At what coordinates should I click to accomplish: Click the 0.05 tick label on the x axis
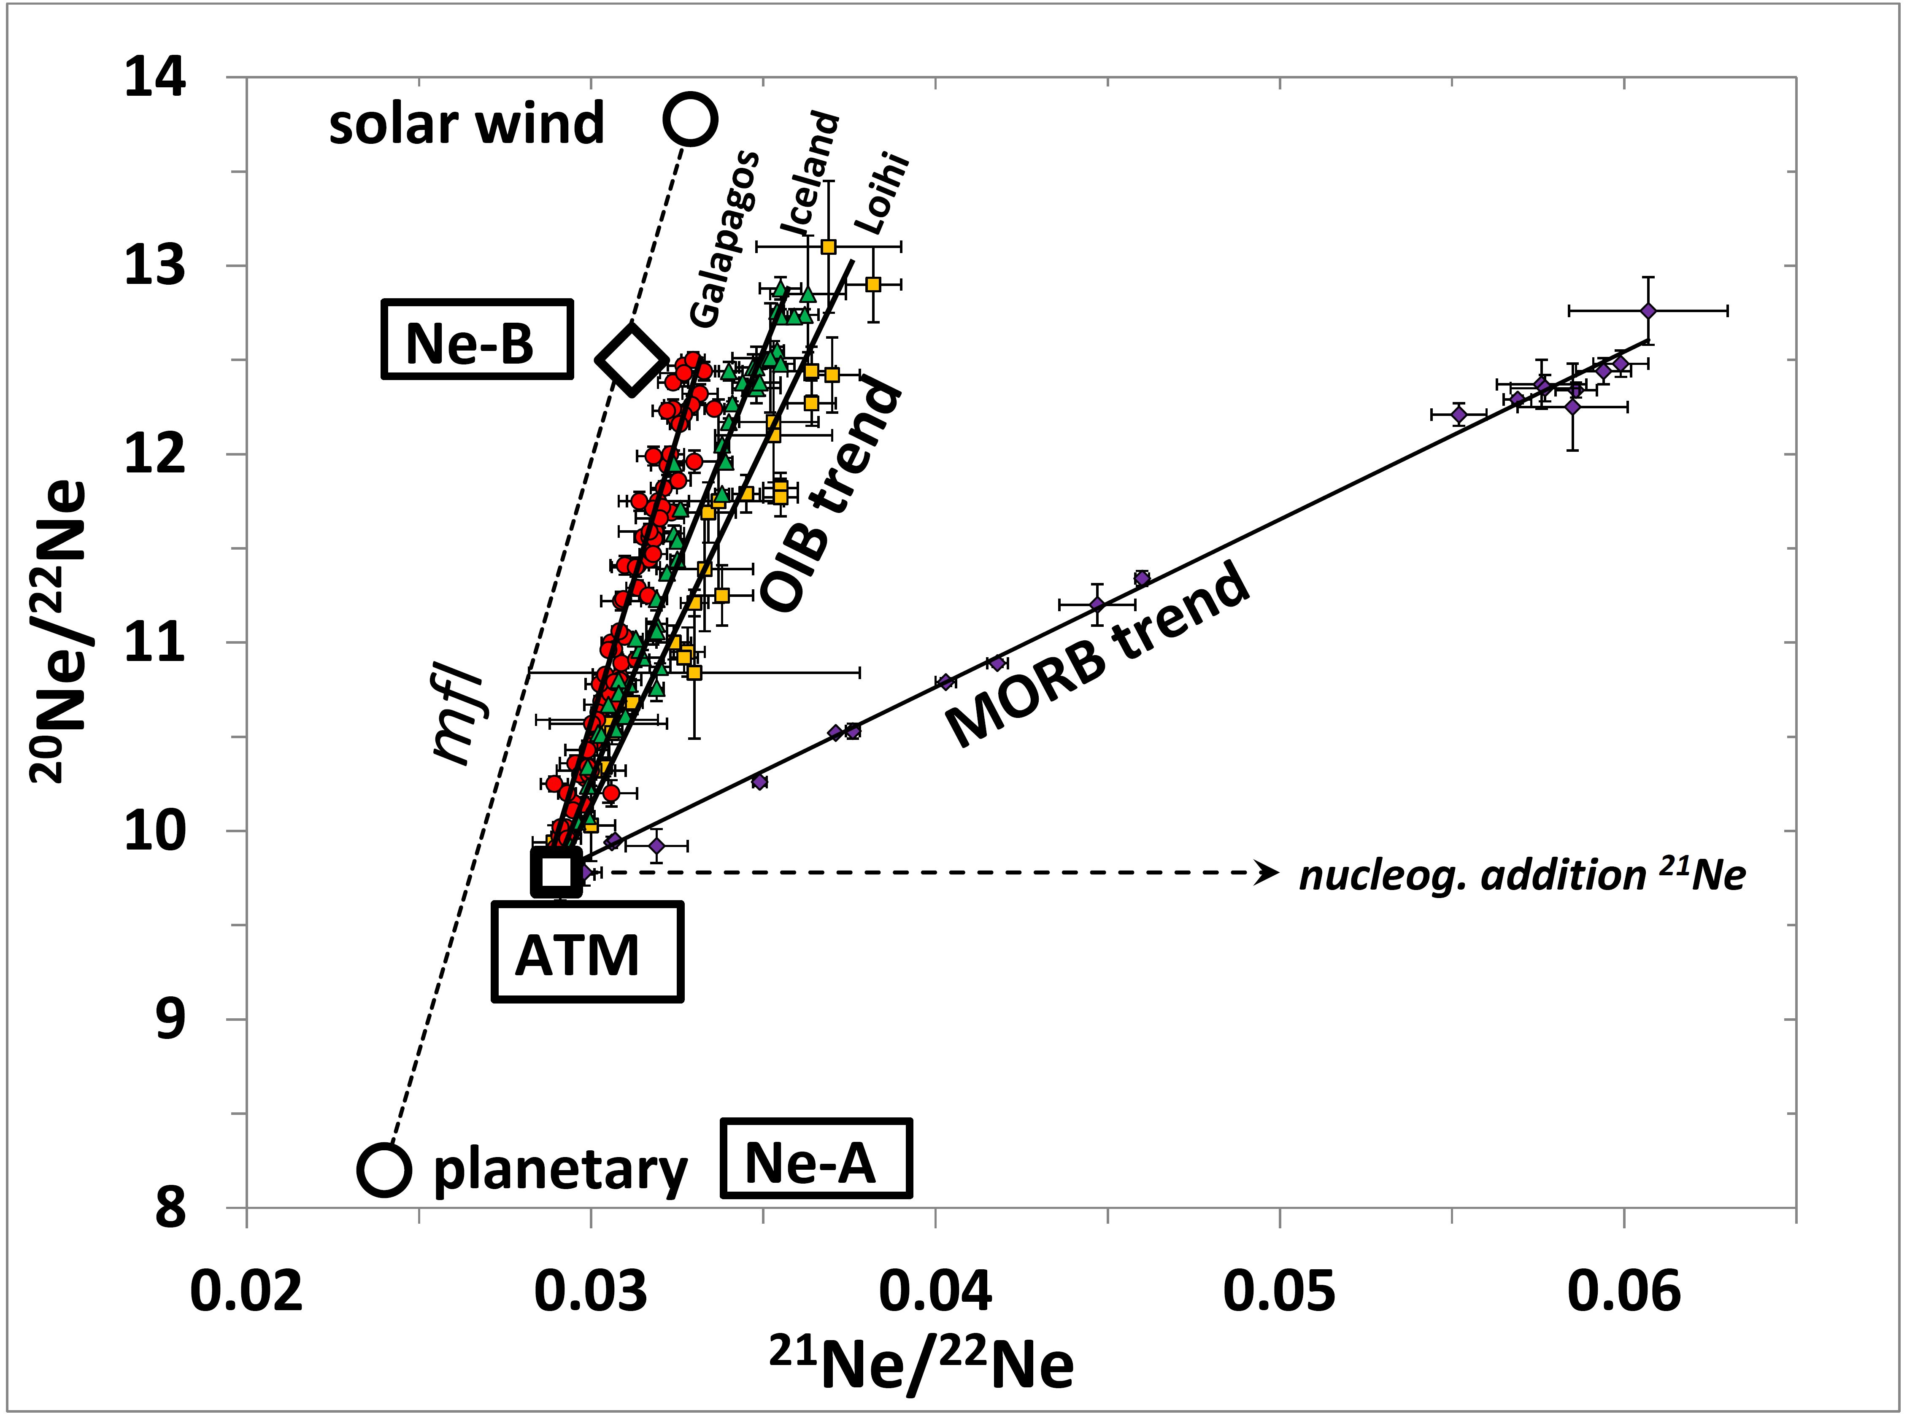[1279, 1290]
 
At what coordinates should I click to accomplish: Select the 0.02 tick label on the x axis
[246, 1290]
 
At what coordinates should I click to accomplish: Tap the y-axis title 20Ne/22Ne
[60, 631]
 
